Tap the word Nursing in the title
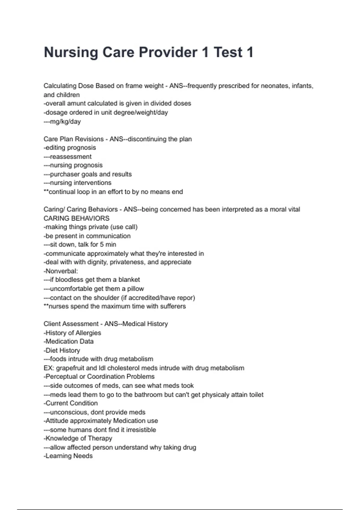[71, 52]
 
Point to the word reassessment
[70, 157]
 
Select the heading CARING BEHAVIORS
[76, 218]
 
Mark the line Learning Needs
[68, 456]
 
